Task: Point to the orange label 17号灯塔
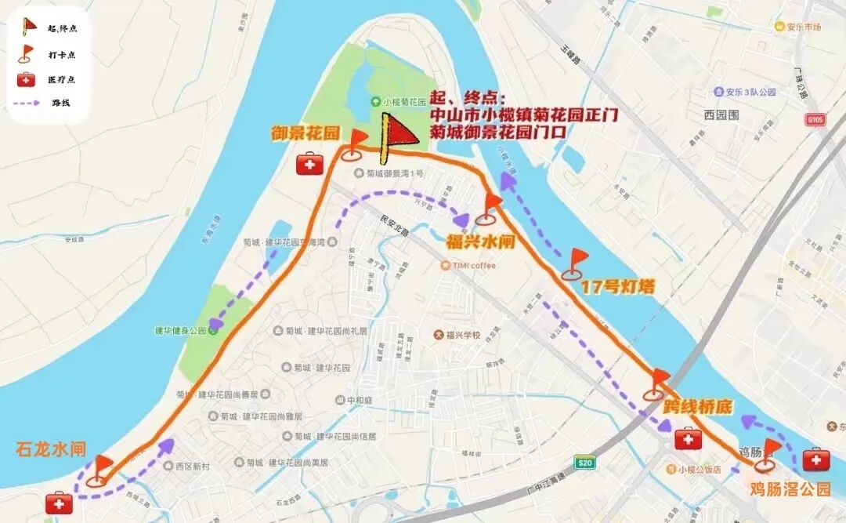[618, 287]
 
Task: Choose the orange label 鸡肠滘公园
[790, 489]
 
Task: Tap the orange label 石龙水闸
[51, 449]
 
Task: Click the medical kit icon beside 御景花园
[309, 165]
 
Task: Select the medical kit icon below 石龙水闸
[59, 503]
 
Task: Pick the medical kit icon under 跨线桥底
[689, 439]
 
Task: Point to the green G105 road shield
[815, 119]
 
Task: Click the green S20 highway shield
[584, 463]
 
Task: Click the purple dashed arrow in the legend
[30, 103]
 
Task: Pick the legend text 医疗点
[61, 79]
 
